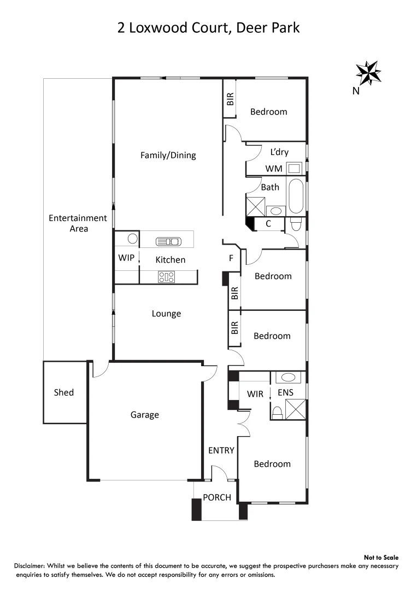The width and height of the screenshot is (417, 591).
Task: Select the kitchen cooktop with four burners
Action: click(166, 277)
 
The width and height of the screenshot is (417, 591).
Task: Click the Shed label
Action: click(64, 392)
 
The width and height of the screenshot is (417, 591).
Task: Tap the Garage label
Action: click(145, 415)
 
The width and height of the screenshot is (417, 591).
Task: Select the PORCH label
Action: click(217, 497)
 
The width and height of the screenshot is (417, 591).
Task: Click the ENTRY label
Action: click(221, 450)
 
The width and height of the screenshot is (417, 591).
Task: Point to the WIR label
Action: click(255, 393)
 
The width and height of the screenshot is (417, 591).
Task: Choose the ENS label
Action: click(286, 393)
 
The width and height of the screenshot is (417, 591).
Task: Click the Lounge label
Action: click(166, 314)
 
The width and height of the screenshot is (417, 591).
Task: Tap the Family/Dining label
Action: click(168, 155)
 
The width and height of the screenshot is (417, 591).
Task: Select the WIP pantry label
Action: click(126, 257)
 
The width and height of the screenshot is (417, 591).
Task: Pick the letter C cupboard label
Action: click(268, 223)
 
